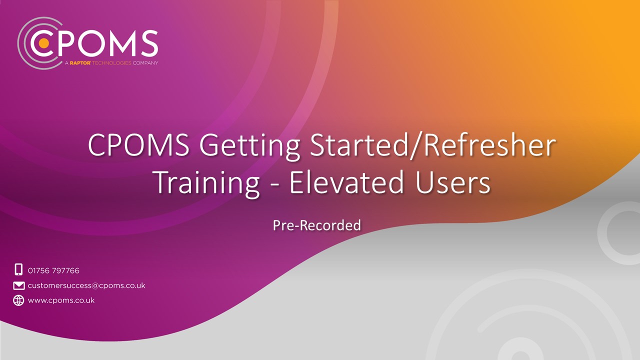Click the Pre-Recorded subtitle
(316, 225)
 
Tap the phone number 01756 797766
(53, 270)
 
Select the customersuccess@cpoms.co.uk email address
(86, 285)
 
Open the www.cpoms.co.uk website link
(61, 300)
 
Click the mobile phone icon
(18, 269)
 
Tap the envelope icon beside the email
(18, 285)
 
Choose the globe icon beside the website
(18, 300)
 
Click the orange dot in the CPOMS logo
(44, 43)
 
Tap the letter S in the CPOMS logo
(148, 43)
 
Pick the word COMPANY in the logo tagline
(146, 63)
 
